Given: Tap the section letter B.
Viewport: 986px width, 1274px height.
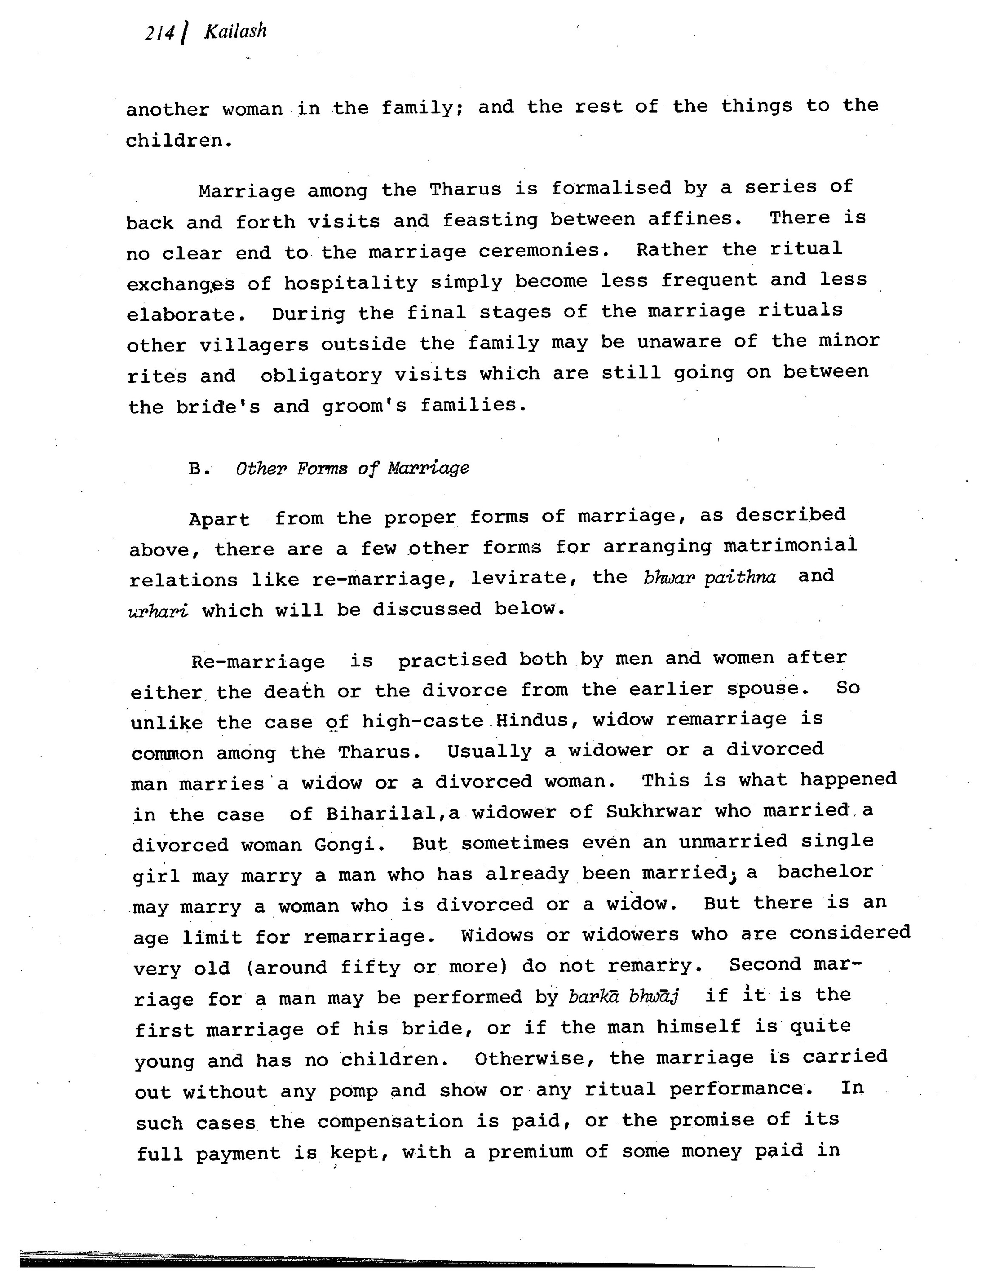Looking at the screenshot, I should click(196, 468).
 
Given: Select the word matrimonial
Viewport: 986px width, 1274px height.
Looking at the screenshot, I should click(790, 545).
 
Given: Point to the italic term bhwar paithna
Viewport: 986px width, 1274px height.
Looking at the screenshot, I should click(709, 578).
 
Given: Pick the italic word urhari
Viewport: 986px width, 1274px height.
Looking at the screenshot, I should click(158, 611).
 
